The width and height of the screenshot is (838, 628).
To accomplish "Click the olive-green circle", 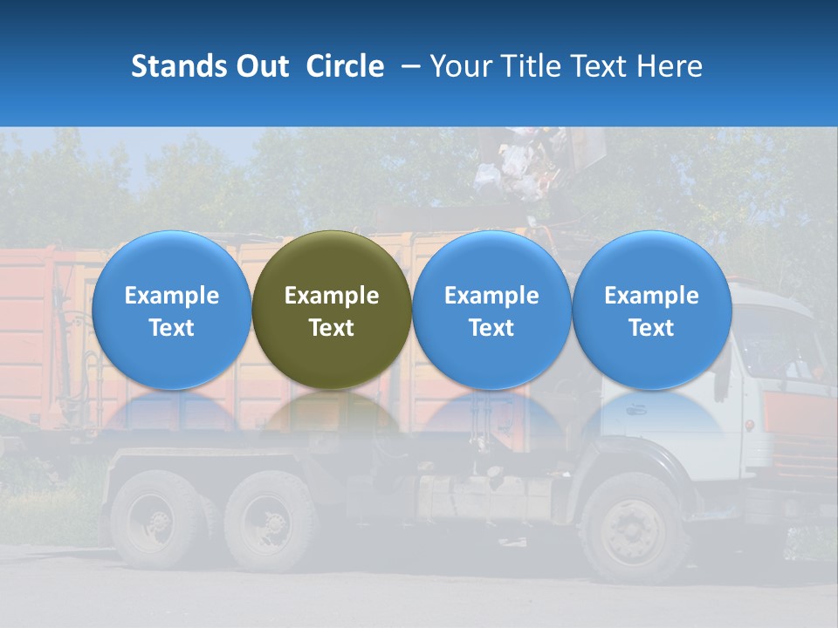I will click(x=332, y=310).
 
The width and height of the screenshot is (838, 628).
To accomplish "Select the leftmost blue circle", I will click(x=171, y=310).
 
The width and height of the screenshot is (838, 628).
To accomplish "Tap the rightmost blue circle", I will click(x=651, y=310).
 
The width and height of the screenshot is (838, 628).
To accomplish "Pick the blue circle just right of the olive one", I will click(x=491, y=310).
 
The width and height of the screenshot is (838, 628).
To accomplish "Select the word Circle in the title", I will click(x=345, y=66).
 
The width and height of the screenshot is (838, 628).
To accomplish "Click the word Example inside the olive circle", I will click(x=332, y=296).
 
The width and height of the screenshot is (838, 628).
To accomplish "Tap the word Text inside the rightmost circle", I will click(x=651, y=328).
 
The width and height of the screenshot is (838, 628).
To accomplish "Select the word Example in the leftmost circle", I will click(x=171, y=296).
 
